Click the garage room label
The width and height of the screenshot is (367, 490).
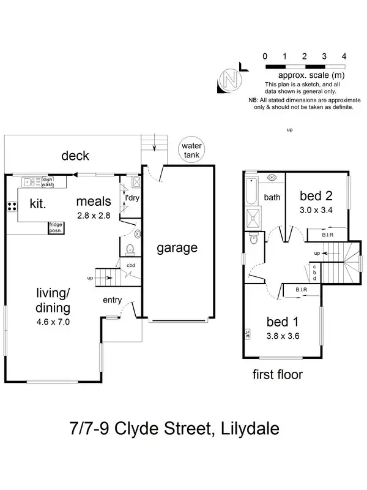[177, 248]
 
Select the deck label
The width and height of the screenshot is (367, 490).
[75, 156]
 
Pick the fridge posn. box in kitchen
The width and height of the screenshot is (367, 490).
[56, 228]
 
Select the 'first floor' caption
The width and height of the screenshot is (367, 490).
[277, 374]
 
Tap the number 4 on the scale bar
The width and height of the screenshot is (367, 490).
[344, 56]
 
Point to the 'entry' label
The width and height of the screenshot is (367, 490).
[113, 300]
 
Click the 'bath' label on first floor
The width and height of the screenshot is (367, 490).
[272, 197]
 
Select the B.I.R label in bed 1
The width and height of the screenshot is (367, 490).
[301, 288]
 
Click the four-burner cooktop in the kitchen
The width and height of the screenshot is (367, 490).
[12, 206]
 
